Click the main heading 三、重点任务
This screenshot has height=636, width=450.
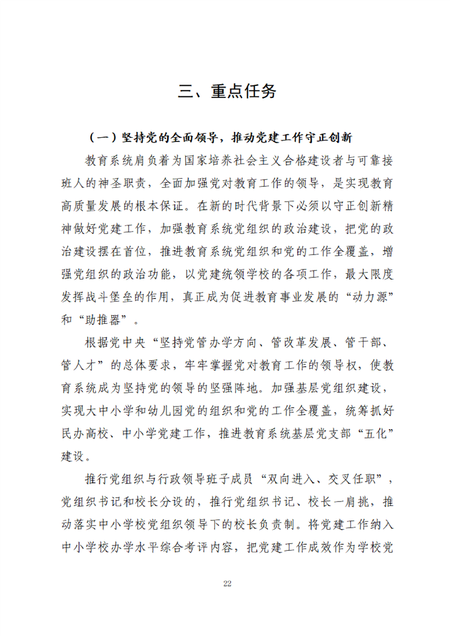(x=227, y=92)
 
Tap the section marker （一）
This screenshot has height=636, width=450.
(x=103, y=138)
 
